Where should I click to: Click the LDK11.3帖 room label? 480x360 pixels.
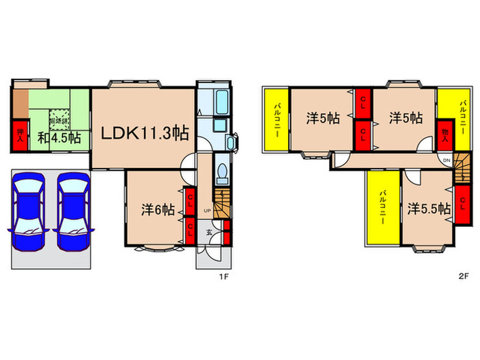[145, 132]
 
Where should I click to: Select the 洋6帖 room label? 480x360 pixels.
[157, 209]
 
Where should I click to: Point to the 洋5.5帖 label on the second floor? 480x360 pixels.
[428, 208]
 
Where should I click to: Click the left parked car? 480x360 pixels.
[28, 206]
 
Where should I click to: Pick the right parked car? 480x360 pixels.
[73, 206]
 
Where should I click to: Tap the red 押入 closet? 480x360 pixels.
[19, 136]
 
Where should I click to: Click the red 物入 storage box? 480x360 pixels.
[445, 132]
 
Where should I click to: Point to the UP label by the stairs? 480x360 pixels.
[206, 211]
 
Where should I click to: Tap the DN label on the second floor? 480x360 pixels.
[446, 160]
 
